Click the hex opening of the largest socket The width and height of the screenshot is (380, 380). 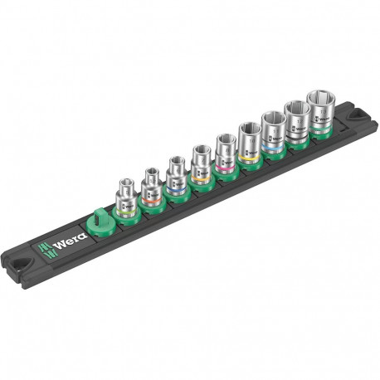(319, 98)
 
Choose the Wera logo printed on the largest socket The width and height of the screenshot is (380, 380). (324, 116)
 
